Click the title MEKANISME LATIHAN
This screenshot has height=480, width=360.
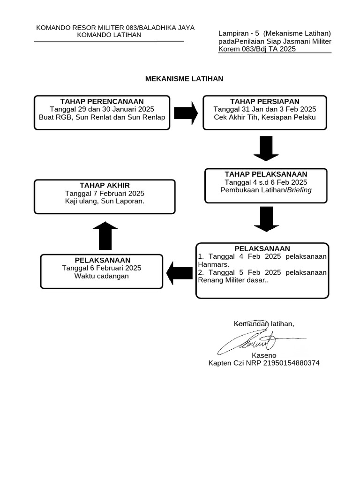coord(184,79)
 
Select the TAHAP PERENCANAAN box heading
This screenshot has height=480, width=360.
coord(102,101)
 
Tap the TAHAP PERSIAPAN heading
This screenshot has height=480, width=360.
coord(264,101)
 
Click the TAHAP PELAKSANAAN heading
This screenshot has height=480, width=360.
coord(266,174)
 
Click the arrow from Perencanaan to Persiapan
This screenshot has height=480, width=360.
coord(186,113)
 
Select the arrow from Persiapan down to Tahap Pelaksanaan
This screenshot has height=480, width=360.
coord(266,149)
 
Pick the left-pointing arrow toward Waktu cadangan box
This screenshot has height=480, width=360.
coord(179,273)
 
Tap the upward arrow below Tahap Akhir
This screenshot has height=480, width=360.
coord(105,236)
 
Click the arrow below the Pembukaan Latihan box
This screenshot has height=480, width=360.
coord(266,219)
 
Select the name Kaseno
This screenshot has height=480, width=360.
coord(264,355)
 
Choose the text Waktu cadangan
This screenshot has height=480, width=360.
coord(101,276)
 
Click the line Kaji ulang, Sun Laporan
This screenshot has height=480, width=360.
coord(105,201)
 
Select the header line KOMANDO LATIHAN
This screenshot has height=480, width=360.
coord(109,35)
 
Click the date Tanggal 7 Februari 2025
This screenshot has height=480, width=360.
coord(105,193)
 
